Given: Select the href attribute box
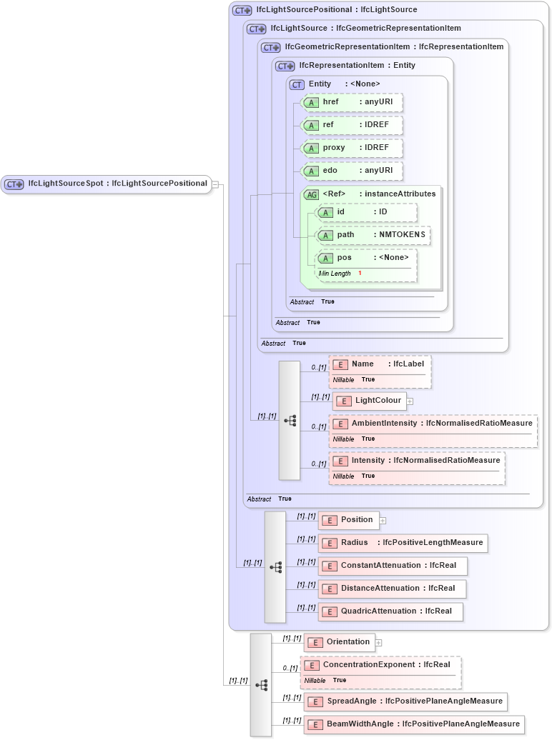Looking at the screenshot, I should coord(352,102).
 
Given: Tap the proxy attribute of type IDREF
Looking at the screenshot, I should coord(352,148).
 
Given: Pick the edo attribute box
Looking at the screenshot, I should coord(352,171).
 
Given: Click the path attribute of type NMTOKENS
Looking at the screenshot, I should coord(373,235).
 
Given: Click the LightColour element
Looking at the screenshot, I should coord(370,401).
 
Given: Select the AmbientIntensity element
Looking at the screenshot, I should coord(432,424).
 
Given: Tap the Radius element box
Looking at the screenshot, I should coord(403,543).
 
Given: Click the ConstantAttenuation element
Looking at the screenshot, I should coord(393,566).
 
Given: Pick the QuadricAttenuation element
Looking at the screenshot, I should coord(390,611).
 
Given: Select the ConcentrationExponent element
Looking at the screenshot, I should coord(381,665).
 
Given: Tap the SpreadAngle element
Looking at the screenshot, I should coord(405,701).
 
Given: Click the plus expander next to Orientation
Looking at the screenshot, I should coord(379,642).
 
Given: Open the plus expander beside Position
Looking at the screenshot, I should coord(383,520).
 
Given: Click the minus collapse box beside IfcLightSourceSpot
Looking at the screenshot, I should coord(215,184).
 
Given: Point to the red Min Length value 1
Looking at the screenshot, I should coord(360,274).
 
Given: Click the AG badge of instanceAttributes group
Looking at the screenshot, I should coord(312,194).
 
